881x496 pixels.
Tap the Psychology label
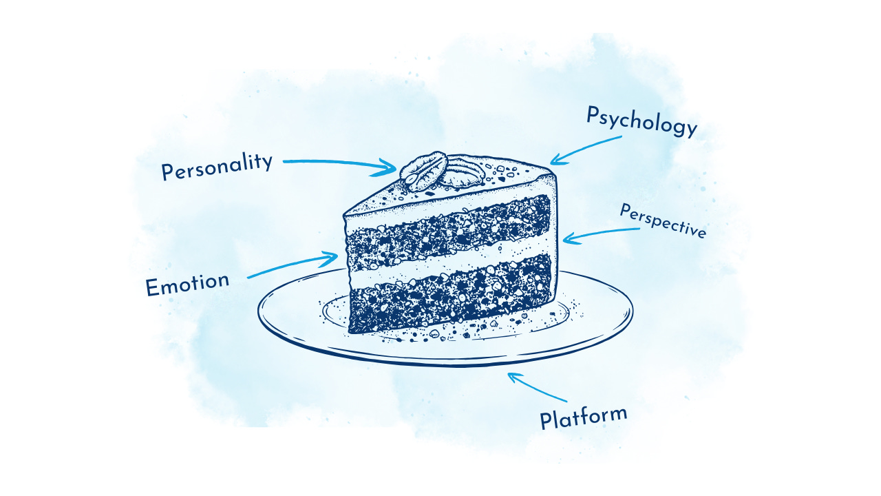tap(641, 123)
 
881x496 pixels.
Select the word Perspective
tap(662, 221)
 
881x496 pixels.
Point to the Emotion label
tap(187, 284)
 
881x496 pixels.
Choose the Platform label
tap(583, 417)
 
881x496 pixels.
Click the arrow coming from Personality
tap(337, 163)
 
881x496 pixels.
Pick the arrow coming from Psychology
tap(585, 149)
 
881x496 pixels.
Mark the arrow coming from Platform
tap(537, 387)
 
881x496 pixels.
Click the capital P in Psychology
tap(593, 114)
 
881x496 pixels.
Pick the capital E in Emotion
tap(152, 288)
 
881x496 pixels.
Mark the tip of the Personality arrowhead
tap(396, 167)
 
